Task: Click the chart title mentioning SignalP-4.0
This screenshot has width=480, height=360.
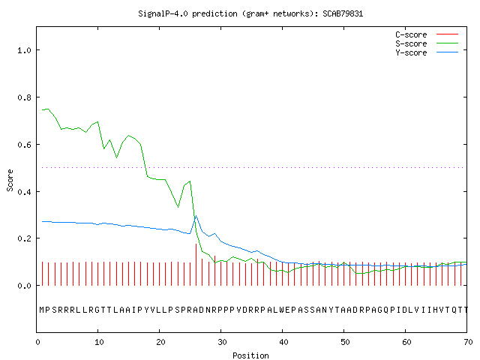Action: pos(250,13)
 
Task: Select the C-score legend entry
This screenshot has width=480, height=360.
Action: pos(427,34)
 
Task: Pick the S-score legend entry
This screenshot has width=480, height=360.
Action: pos(427,43)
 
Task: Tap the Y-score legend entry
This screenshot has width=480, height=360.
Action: pos(427,52)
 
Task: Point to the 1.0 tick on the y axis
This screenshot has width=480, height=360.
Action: pos(24,50)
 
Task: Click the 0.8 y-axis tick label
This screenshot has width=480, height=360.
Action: pos(24,97)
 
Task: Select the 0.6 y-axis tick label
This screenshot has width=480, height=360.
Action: pos(24,145)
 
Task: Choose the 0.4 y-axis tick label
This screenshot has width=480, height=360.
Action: pos(24,192)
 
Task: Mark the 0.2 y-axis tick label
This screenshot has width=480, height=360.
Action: pos(24,238)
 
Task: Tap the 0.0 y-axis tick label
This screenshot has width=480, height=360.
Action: pos(24,286)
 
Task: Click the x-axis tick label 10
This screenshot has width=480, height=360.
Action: pos(99,342)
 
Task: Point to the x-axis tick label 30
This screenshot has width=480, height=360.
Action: pos(222,342)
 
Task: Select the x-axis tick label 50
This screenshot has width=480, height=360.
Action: pos(345,342)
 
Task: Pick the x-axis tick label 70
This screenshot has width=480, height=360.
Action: pos(468,342)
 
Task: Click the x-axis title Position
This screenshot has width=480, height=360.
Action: pos(250,355)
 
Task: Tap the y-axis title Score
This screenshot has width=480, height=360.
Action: pos(10,180)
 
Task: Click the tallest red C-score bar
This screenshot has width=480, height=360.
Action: pos(196,265)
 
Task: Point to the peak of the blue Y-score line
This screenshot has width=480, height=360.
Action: pos(196,215)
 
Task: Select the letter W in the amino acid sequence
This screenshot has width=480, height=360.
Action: pos(282,310)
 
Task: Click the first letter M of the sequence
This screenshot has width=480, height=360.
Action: pos(42,310)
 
